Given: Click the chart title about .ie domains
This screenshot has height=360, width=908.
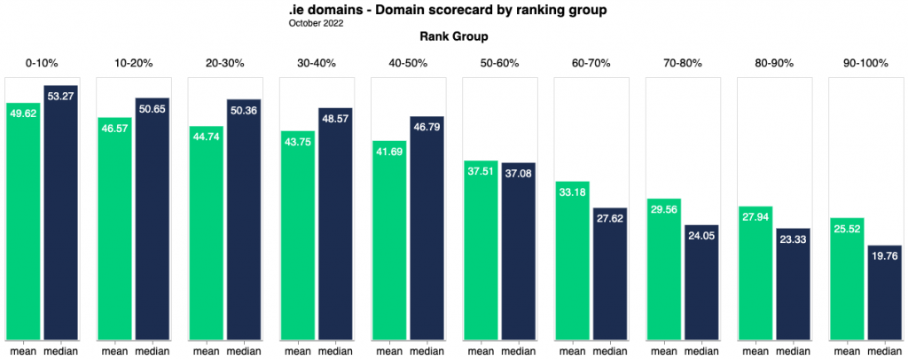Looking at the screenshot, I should tap(453, 11).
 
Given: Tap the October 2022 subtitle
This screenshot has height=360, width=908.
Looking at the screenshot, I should tap(317, 23).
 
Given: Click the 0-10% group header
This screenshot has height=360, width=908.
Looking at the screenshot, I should tap(42, 63).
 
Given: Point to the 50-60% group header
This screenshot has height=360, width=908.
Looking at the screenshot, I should tap(499, 63).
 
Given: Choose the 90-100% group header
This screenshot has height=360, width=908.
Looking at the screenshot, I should tap(865, 63).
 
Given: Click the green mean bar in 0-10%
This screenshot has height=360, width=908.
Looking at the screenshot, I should tap(23, 222).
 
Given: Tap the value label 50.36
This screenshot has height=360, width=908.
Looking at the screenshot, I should tap(245, 111).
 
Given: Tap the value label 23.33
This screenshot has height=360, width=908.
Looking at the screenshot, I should tap(793, 239).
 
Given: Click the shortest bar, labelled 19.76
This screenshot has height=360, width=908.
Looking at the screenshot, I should tap(884, 292).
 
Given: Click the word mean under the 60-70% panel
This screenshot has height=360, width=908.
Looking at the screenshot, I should tap(571, 350).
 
